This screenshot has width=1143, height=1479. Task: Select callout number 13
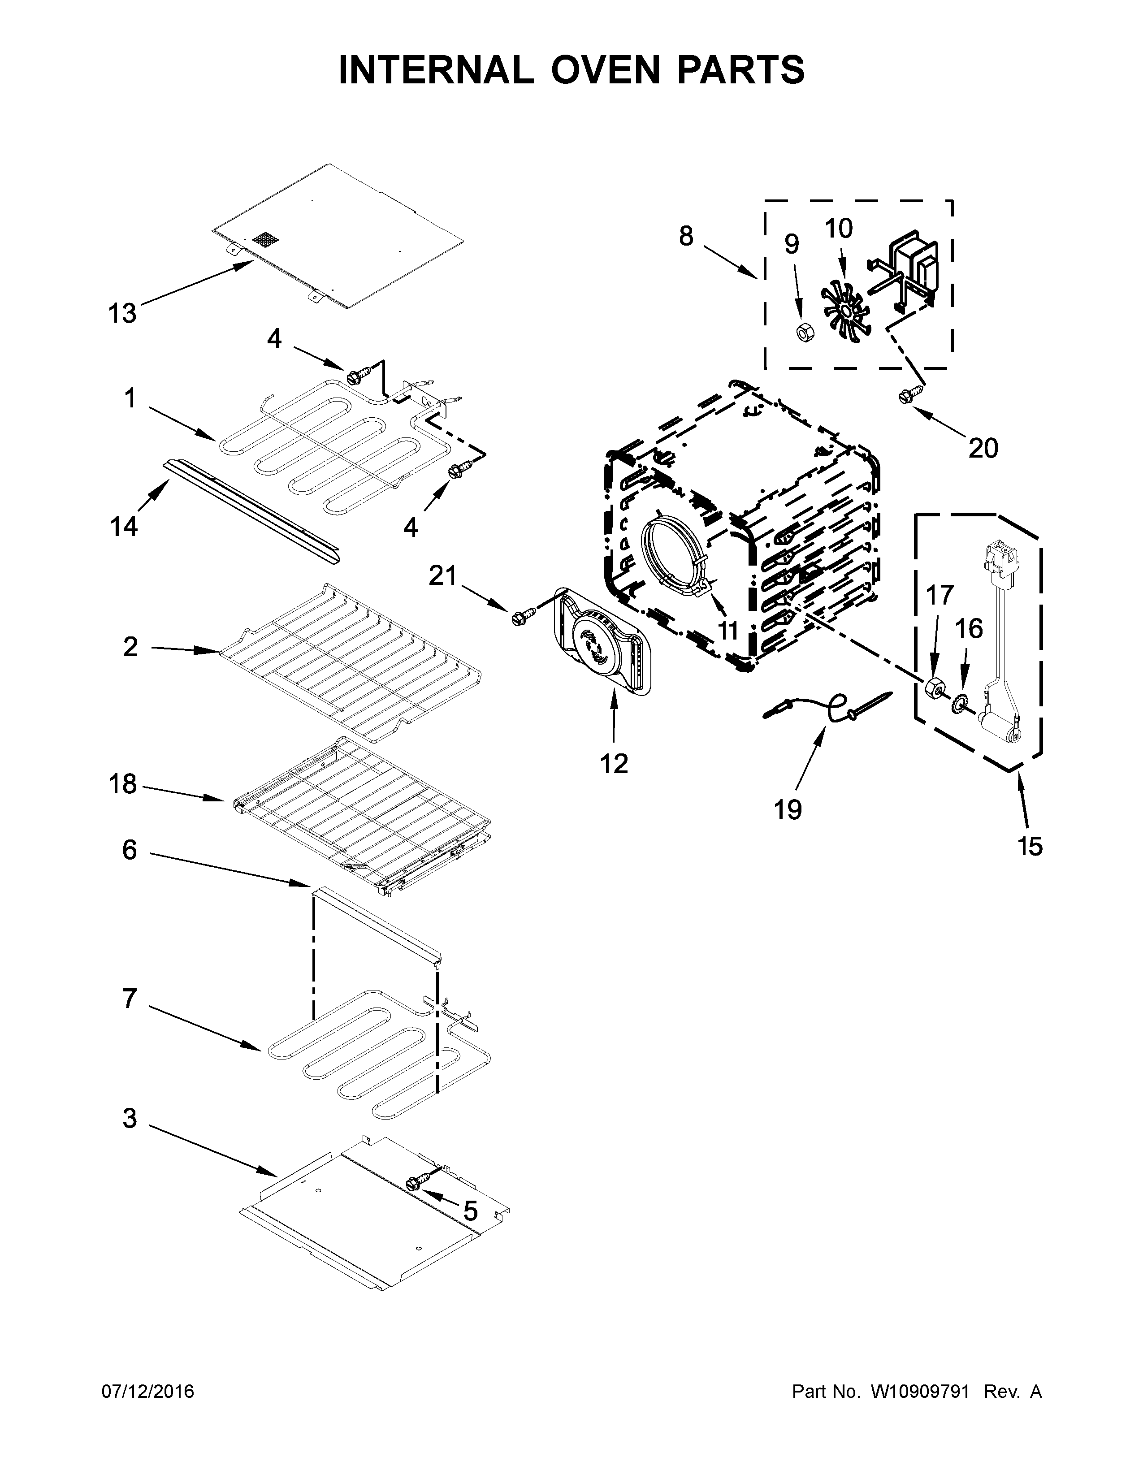click(122, 314)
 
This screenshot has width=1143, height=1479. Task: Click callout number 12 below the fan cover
click(614, 764)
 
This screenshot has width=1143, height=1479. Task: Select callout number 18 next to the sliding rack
click(122, 784)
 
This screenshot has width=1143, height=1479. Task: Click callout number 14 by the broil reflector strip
click(124, 526)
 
